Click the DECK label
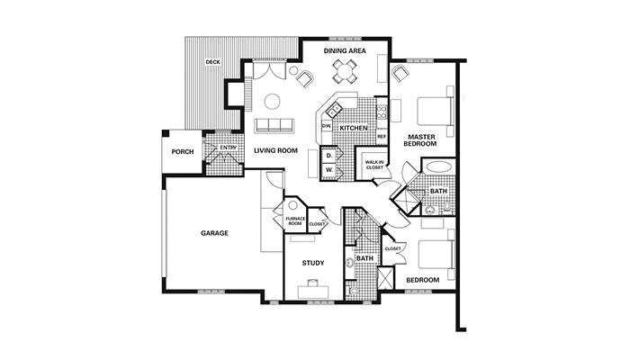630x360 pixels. point(212,62)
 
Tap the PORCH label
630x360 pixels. point(183,152)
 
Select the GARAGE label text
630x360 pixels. point(214,233)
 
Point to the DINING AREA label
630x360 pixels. point(345,51)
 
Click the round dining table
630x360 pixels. point(345,72)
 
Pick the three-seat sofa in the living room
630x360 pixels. point(274,125)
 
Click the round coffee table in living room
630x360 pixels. point(273,101)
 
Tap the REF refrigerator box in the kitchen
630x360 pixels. point(382,137)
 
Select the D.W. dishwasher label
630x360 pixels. point(326,126)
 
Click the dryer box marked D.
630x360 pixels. point(329,156)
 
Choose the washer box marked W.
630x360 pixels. point(329,170)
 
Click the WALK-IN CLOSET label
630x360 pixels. point(374,165)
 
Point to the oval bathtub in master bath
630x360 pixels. point(438,166)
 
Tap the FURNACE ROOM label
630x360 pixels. point(295,221)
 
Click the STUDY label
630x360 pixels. point(313,263)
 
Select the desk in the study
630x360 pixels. point(313,292)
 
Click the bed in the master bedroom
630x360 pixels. point(436,111)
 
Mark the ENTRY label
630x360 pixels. point(229,148)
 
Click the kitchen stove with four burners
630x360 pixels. point(382,112)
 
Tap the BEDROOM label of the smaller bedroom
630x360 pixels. point(423,280)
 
